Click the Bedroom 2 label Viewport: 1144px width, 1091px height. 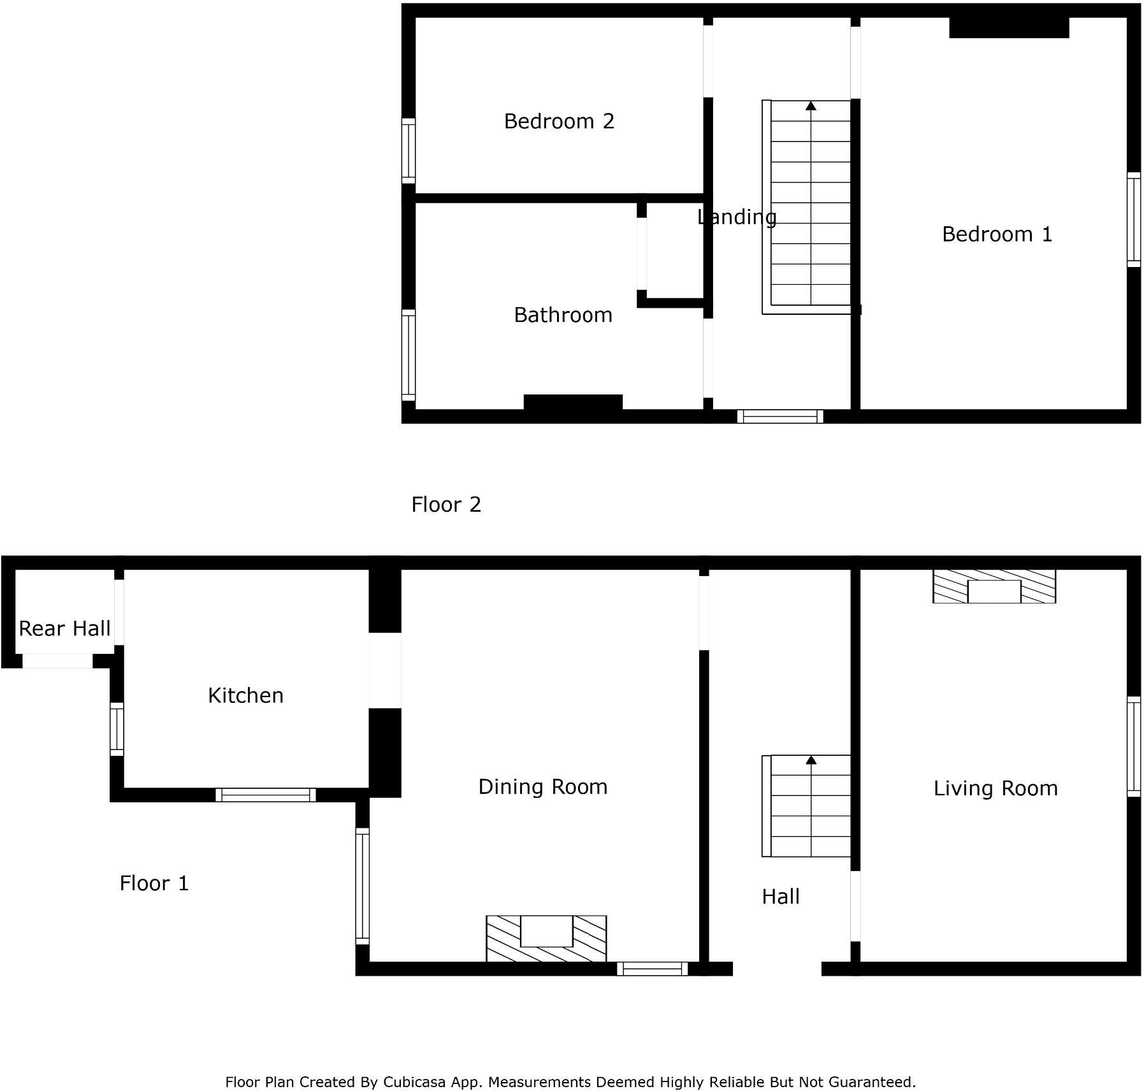559,121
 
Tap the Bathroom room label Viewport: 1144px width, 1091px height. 563,315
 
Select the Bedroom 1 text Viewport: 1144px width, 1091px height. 997,235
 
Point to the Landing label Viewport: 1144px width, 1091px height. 737,217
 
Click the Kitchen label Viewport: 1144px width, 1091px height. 245,695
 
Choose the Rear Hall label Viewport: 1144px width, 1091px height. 64,629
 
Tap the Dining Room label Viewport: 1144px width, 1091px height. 542,787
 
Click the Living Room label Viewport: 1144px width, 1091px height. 996,788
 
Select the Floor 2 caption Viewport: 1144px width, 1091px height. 446,505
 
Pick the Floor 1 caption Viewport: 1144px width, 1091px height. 154,883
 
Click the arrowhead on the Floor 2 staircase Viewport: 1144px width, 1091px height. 811,106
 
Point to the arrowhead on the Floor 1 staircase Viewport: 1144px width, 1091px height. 811,760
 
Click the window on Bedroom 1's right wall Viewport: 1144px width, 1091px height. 1133,220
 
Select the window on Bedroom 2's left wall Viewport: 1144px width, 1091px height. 409,151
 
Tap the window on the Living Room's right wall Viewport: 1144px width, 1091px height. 1133,746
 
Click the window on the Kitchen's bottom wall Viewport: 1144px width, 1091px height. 266,795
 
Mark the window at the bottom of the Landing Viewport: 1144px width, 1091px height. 780,417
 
